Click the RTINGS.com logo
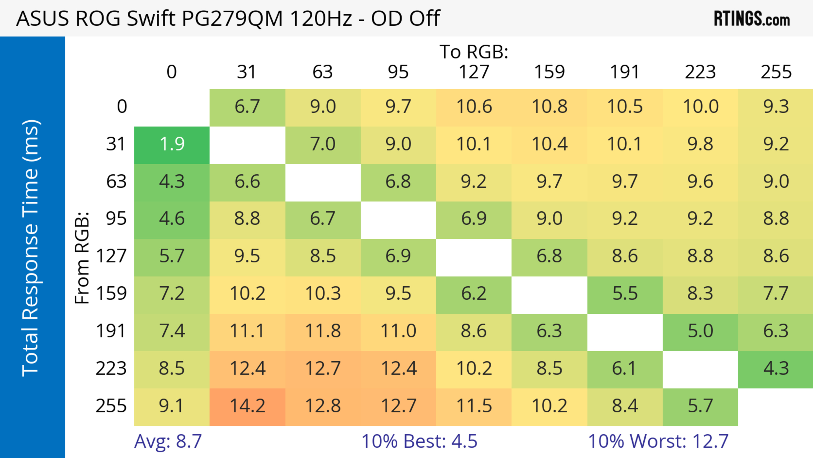click(x=752, y=19)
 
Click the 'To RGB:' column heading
click(x=474, y=52)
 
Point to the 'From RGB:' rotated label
click(x=82, y=258)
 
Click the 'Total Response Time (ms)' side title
click(x=31, y=248)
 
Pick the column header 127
click(x=474, y=72)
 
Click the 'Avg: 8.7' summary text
click(x=168, y=441)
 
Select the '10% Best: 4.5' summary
click(x=419, y=441)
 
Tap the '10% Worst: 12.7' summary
click(x=658, y=441)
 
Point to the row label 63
click(x=116, y=182)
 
